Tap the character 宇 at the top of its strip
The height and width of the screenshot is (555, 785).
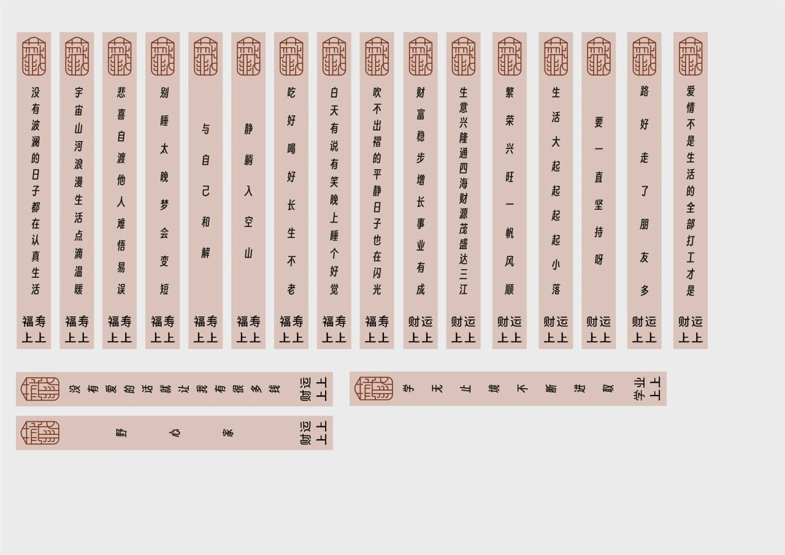(x=78, y=93)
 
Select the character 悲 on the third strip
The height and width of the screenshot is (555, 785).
(x=121, y=93)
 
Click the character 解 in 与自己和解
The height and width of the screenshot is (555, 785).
(x=205, y=253)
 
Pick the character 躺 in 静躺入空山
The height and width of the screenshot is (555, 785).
(x=248, y=160)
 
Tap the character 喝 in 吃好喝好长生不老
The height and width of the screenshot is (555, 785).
(x=291, y=148)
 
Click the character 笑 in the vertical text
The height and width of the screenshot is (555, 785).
(x=334, y=182)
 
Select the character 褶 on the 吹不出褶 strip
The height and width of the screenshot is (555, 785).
(x=377, y=142)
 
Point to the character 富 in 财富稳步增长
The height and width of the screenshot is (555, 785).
(x=420, y=114)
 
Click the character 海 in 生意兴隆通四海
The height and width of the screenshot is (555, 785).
(x=463, y=182)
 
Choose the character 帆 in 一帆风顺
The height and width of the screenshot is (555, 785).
(x=510, y=233)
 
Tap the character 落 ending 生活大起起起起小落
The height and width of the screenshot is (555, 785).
(x=556, y=288)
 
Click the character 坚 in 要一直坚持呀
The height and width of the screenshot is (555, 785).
(x=599, y=204)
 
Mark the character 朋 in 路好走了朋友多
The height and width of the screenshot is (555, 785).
(x=644, y=224)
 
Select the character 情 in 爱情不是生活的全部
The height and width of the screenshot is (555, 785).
(x=691, y=107)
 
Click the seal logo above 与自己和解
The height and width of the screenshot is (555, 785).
(x=205, y=56)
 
